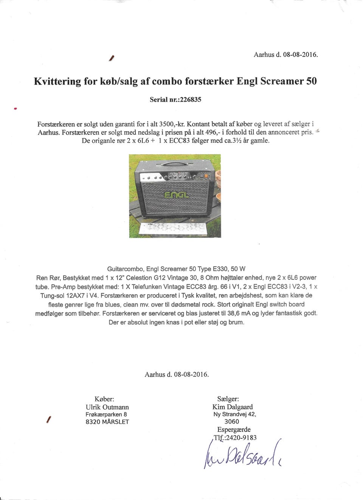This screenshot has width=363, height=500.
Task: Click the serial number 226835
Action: tap(190, 99)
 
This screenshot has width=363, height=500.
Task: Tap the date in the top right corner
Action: tap(286, 54)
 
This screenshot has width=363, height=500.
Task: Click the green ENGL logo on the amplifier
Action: tap(176, 195)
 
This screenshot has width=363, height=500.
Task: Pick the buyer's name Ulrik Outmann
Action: tap(107, 407)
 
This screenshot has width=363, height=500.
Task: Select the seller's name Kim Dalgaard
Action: tap(233, 407)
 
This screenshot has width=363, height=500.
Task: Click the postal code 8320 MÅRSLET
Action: tap(107, 422)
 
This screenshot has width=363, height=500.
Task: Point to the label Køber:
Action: tap(104, 399)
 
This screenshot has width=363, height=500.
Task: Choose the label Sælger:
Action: tap(228, 399)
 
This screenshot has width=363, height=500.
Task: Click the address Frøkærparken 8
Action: tap(106, 414)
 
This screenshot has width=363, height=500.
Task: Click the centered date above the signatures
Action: tap(177, 374)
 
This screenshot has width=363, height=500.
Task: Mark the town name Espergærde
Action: tap(234, 429)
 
